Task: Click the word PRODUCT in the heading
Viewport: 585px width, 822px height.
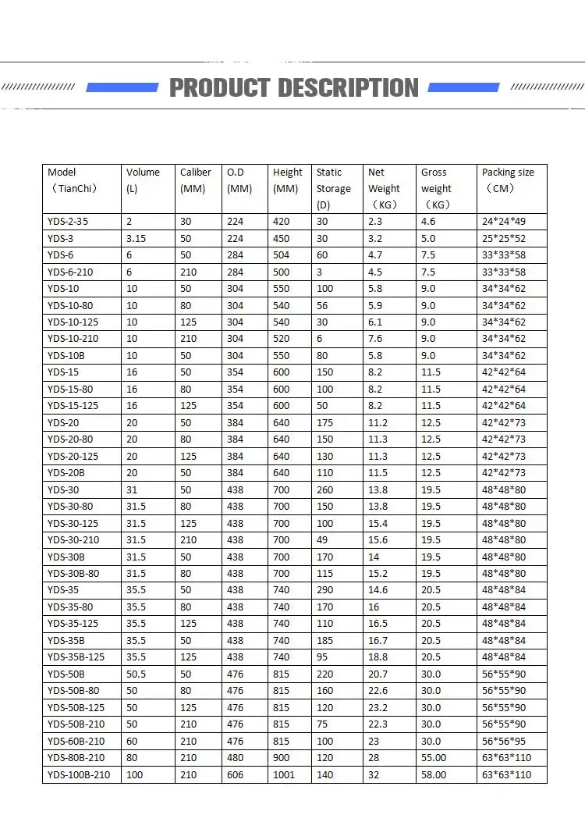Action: (x=220, y=88)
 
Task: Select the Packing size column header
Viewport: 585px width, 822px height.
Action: (x=508, y=180)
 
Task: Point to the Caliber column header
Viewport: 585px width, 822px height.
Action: (x=196, y=180)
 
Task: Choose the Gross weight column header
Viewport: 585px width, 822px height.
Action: (x=436, y=188)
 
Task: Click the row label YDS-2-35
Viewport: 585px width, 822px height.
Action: (x=68, y=222)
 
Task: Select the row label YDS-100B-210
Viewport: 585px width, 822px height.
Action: (x=79, y=774)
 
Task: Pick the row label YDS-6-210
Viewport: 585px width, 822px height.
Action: (x=71, y=272)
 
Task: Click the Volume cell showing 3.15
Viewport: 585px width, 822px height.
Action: (x=136, y=238)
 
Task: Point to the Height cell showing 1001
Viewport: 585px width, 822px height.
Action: (x=284, y=774)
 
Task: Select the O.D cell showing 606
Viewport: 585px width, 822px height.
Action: (x=236, y=774)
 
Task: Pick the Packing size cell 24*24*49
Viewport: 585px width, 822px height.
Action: (x=504, y=222)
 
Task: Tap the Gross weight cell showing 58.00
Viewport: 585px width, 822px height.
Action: (x=434, y=774)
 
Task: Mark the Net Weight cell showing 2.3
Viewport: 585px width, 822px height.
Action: (x=375, y=222)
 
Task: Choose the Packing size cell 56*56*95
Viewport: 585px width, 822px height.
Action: (x=504, y=741)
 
